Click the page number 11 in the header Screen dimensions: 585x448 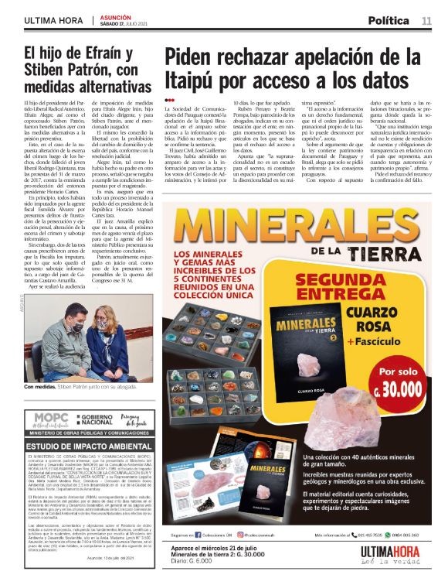[x=426, y=20]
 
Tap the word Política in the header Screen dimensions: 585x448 [x=389, y=20]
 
